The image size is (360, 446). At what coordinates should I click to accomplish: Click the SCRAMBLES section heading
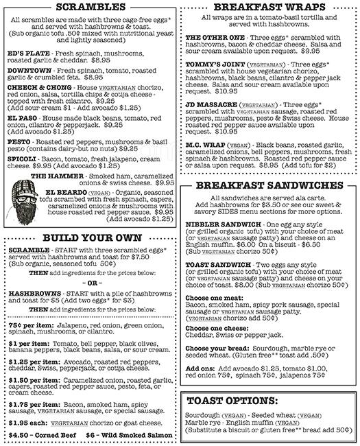[89, 8]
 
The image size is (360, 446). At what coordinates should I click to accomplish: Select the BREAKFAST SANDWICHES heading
[270, 185]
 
